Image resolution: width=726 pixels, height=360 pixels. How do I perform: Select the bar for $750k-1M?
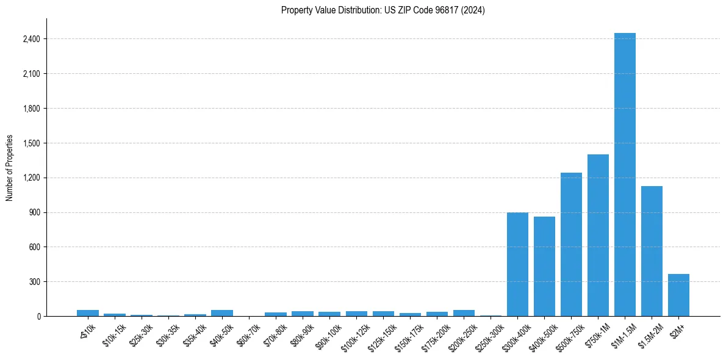pyautogui.click(x=598, y=235)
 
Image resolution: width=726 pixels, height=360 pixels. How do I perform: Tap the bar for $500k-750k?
pyautogui.click(x=571, y=244)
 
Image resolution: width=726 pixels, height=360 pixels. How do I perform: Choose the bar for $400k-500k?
pyautogui.click(x=544, y=266)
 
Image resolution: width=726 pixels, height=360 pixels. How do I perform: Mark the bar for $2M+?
pyautogui.click(x=678, y=295)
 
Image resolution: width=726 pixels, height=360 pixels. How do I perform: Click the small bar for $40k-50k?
pyautogui.click(x=222, y=313)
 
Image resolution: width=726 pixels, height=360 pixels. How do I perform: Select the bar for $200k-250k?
pyautogui.click(x=464, y=313)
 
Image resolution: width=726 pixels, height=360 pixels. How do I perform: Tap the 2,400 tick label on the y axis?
pyautogui.click(x=31, y=39)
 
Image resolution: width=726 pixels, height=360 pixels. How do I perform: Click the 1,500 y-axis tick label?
pyautogui.click(x=31, y=143)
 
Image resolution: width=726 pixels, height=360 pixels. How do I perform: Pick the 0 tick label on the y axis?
pyautogui.click(x=38, y=316)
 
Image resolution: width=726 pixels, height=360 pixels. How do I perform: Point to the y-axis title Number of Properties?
pyautogui.click(x=10, y=167)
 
